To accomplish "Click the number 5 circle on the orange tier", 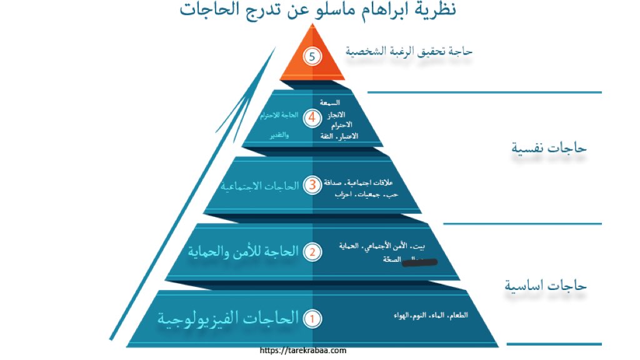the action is click(312, 56).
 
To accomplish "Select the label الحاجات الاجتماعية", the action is click(259, 186).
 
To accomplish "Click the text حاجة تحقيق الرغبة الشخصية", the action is click(409, 52).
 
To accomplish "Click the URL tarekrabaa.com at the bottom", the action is click(303, 351).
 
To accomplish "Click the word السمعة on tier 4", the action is click(329, 102).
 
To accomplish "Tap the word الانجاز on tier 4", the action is click(331, 114).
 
